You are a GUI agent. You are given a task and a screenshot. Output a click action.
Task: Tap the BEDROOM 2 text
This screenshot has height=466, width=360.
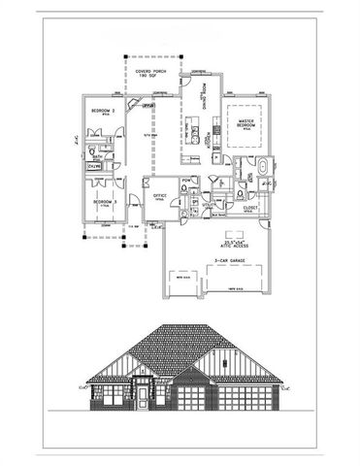click(103, 112)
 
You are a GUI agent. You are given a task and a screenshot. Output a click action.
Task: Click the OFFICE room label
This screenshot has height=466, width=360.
click(159, 194)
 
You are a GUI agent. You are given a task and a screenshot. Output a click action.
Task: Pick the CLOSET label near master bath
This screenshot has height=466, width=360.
click(250, 206)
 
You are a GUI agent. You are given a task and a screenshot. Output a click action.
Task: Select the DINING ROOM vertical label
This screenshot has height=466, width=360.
click(203, 95)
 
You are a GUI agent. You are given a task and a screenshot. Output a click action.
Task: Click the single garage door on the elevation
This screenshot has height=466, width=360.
click(191, 400)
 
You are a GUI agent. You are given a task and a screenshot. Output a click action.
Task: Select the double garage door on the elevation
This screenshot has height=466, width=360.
click(242, 400)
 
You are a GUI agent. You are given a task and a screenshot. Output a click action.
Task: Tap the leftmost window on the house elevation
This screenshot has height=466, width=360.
click(109, 394)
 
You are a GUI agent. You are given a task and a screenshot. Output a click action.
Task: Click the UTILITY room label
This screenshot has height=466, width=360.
click(208, 205)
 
